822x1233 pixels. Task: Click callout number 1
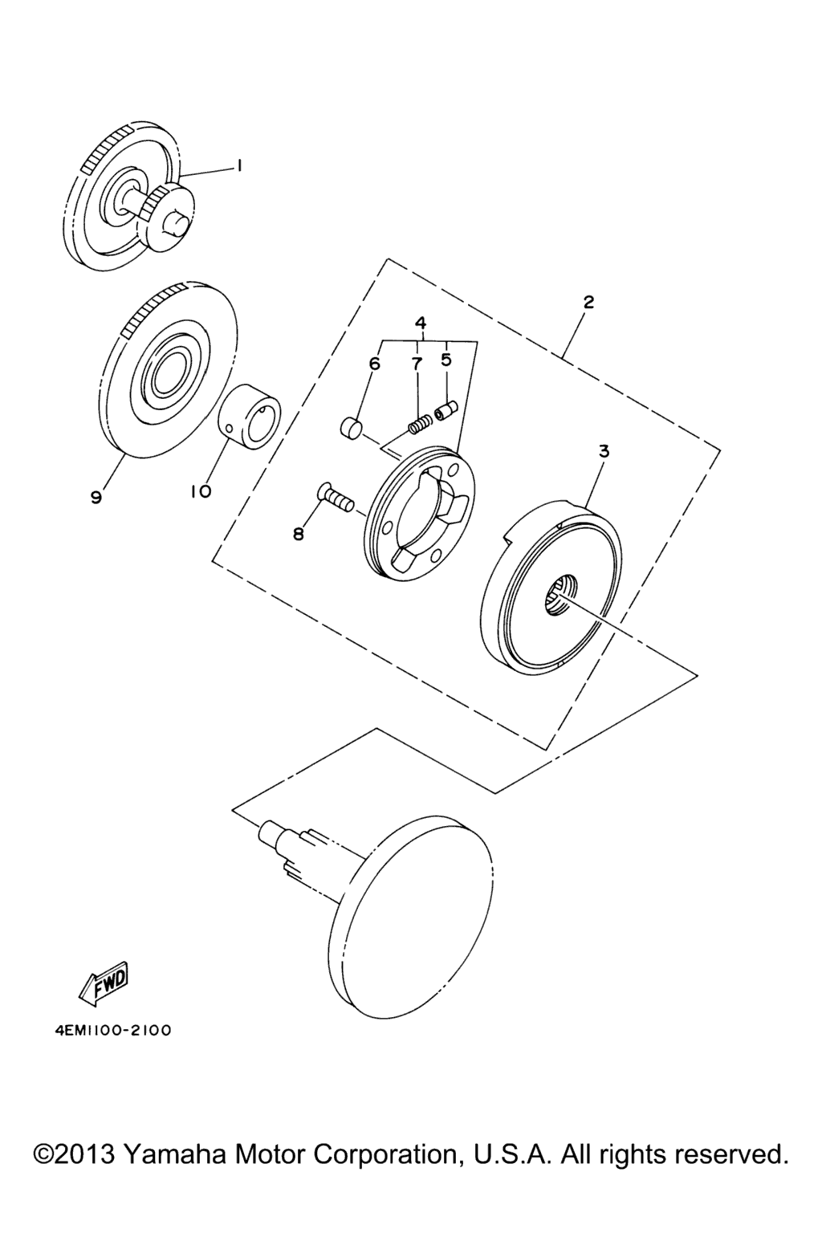coord(239,166)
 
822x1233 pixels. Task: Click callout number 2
coord(588,302)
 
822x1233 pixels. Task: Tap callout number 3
coord(604,452)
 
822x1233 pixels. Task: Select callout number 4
coord(421,323)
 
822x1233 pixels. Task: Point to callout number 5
coord(446,360)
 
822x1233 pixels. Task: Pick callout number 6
coord(374,364)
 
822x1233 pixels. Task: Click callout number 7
coord(417,364)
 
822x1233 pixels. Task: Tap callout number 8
coord(299,534)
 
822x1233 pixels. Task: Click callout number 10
coord(201,491)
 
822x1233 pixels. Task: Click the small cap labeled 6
coord(349,428)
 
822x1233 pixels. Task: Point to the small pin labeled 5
coord(444,411)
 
